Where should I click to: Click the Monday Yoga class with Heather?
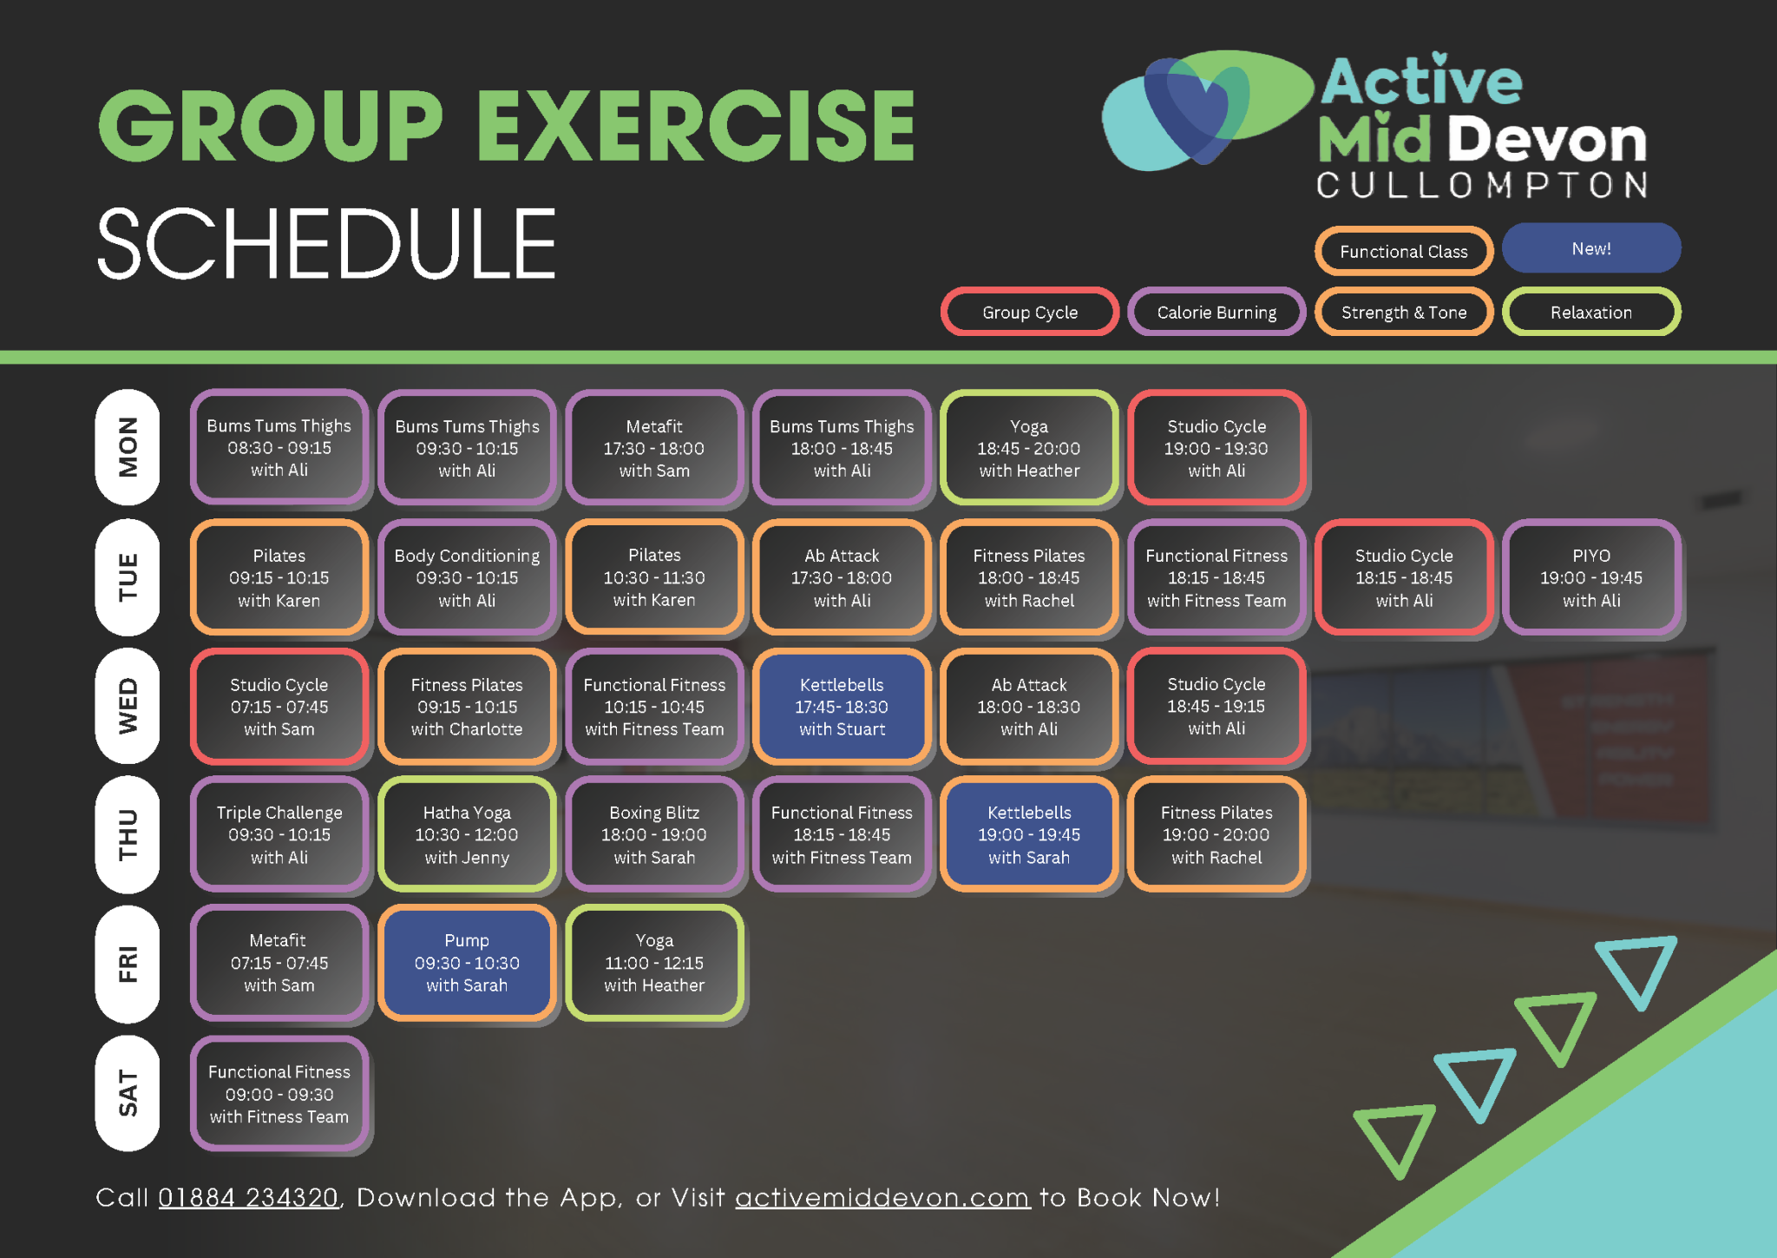point(1029,448)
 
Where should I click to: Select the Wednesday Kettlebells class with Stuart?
point(842,707)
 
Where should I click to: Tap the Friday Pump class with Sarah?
point(467,963)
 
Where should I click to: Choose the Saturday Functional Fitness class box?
point(279,1094)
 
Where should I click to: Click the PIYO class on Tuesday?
point(1591,577)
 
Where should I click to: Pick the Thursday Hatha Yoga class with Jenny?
point(467,834)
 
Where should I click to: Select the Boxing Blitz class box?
point(654,834)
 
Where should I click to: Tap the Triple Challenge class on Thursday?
point(279,834)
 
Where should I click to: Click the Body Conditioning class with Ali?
point(467,577)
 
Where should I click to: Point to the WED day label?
point(128,706)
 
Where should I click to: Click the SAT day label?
point(128,1093)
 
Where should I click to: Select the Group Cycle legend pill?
point(1030,313)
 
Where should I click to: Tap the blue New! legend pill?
point(1591,249)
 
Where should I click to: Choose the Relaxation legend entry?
point(1591,313)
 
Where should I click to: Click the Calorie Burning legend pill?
point(1216,313)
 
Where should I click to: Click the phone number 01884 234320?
point(248,1198)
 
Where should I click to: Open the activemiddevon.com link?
point(882,1198)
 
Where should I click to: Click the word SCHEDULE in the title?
point(326,245)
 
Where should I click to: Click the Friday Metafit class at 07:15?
point(279,963)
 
